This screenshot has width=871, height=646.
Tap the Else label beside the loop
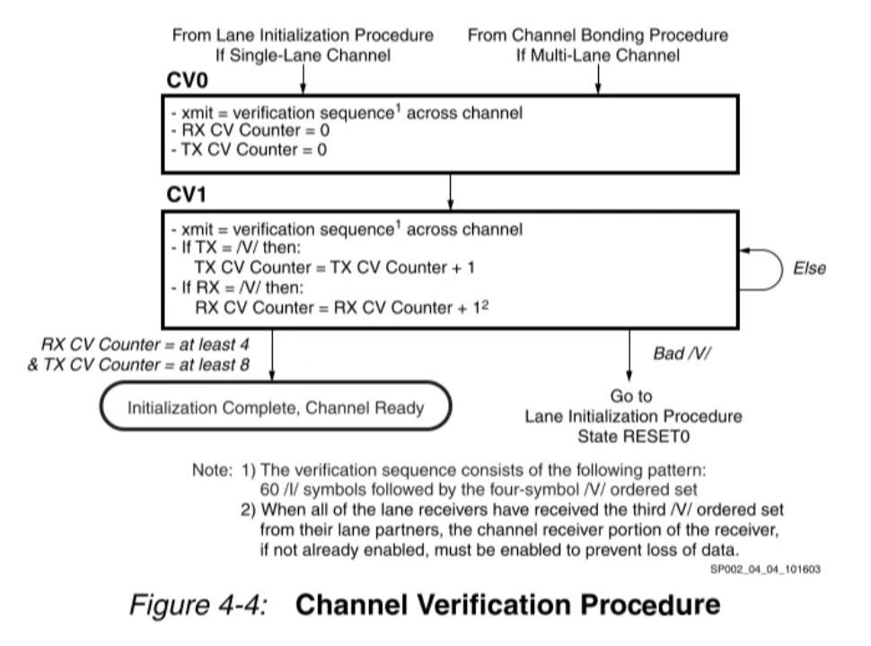click(x=808, y=268)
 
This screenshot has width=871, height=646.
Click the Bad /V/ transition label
click(x=682, y=353)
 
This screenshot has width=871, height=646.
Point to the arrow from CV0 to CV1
click(x=450, y=190)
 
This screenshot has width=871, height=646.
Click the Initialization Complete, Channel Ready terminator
click(x=275, y=408)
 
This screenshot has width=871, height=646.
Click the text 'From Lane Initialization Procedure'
click(x=303, y=35)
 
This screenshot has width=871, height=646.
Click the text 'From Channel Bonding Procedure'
click(x=598, y=35)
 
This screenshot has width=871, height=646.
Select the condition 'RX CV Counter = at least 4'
click(x=147, y=345)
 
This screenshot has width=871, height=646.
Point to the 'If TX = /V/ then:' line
click(x=234, y=248)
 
